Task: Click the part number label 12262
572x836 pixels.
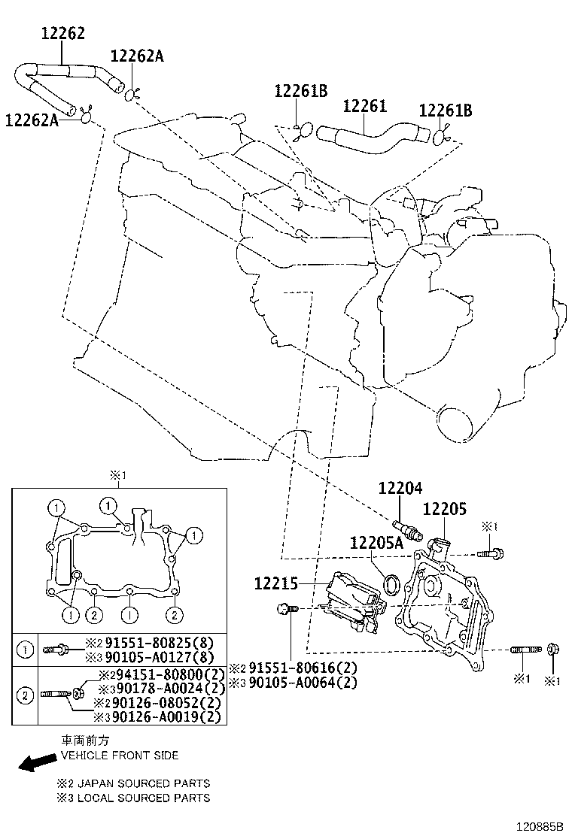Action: tap(62, 33)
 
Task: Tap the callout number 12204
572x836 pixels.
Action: tap(400, 488)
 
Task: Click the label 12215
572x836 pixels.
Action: tap(275, 583)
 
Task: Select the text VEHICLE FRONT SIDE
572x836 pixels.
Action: tap(120, 755)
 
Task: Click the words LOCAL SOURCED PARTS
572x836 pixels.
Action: tap(143, 798)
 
